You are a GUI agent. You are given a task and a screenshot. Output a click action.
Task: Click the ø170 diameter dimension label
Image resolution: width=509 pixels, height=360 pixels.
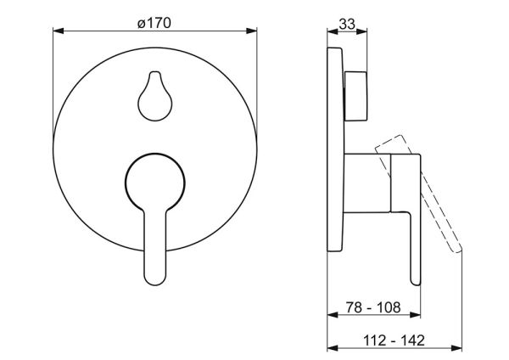tap(154, 23)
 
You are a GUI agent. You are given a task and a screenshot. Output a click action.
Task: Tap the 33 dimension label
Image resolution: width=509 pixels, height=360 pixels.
tap(347, 24)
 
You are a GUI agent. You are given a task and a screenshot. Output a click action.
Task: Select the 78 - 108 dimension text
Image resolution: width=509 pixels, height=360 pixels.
tap(373, 307)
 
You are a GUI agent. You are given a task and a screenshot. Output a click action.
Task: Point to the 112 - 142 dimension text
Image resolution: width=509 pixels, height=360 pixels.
tap(394, 340)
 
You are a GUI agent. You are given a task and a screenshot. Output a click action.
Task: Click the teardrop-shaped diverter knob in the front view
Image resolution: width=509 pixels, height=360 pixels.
tap(155, 97)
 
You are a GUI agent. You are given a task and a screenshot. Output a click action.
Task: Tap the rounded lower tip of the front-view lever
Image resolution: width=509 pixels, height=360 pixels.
tap(155, 280)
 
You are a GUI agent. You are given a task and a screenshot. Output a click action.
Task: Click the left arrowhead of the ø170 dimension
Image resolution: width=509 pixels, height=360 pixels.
tap(58, 31)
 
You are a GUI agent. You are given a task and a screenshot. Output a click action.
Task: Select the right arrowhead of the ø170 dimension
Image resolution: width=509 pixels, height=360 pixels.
tap(252, 31)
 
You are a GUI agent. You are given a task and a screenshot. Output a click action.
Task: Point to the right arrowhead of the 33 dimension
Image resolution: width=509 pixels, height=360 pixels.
tap(361, 31)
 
